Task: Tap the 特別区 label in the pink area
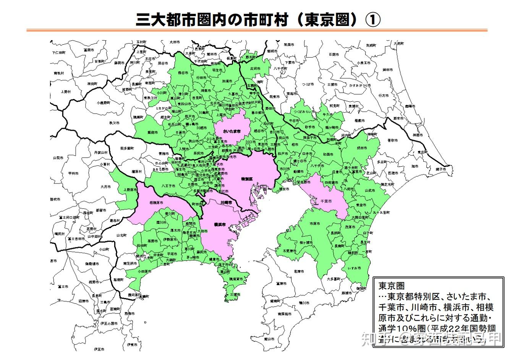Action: point(247,179)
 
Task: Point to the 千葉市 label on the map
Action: point(326,201)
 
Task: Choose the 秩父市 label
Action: point(114,123)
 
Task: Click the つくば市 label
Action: point(308,84)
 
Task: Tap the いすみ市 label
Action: point(354,268)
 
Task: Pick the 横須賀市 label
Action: point(235,279)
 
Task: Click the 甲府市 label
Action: point(73,173)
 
